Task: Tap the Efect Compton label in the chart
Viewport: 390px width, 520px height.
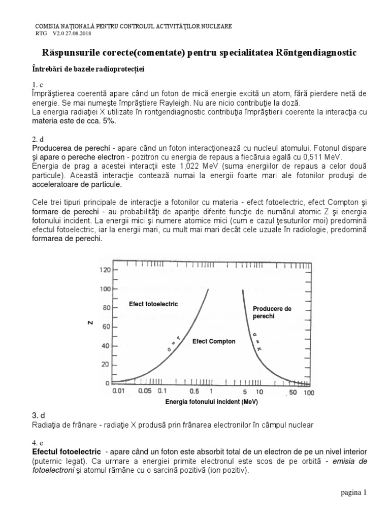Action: click(214, 341)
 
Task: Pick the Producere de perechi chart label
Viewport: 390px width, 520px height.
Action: click(272, 312)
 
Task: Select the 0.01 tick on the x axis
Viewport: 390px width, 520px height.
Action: click(118, 393)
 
